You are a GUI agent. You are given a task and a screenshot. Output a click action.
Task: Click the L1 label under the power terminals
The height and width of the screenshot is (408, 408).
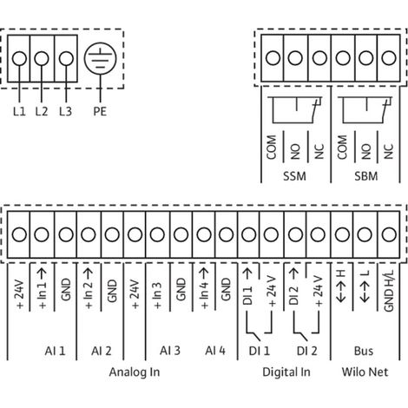(19, 111)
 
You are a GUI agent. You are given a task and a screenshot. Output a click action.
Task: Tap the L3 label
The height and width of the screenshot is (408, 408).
(65, 111)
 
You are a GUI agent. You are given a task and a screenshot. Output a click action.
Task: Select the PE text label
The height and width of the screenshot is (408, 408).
(100, 111)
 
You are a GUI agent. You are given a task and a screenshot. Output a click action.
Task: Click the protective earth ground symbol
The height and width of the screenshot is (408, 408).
(101, 58)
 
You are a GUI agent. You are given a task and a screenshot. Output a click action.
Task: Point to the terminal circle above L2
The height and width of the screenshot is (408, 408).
(42, 58)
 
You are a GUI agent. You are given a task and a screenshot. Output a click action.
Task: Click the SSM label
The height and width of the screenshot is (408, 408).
(294, 176)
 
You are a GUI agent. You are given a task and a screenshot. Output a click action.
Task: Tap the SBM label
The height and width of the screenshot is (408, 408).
(366, 176)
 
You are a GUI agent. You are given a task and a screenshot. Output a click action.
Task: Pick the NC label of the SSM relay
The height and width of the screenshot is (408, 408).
(319, 151)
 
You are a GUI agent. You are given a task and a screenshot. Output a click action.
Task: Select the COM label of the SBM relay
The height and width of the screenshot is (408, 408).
(342, 148)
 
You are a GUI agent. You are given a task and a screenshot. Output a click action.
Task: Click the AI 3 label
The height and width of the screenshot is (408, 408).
(170, 351)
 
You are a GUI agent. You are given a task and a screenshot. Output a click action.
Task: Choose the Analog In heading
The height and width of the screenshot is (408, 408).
(135, 372)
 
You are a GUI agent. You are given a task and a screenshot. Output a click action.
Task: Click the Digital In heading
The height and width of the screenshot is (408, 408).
(286, 372)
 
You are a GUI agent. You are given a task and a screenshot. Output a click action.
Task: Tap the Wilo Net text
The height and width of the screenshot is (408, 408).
(365, 372)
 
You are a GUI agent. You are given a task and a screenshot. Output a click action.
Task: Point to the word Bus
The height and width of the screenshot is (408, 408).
(364, 351)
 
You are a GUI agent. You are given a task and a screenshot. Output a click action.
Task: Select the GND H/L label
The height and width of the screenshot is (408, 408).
(389, 291)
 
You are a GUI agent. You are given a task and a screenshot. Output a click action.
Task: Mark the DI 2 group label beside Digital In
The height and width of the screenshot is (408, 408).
(307, 351)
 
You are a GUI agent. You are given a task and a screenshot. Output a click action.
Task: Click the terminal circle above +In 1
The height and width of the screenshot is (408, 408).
(42, 234)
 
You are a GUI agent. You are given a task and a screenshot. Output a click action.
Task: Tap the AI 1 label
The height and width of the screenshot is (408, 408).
(55, 351)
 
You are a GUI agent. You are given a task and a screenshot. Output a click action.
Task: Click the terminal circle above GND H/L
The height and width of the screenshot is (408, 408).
(389, 234)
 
